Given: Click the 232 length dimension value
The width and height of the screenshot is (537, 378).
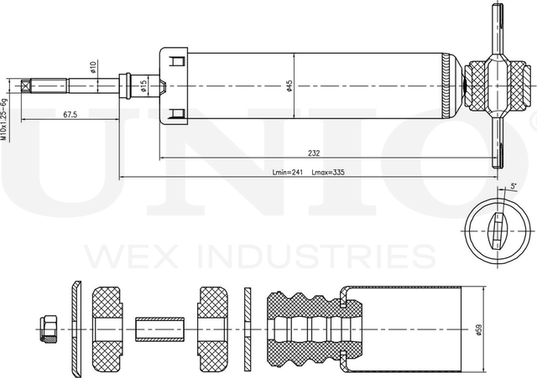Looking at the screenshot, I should [314, 153].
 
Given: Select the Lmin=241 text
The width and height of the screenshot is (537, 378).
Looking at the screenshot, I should [288, 173].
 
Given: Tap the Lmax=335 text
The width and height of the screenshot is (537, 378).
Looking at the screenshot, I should [328, 173].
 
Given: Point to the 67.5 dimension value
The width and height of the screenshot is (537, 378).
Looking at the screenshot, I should [70, 115].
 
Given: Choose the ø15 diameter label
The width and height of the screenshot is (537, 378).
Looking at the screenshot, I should [143, 85].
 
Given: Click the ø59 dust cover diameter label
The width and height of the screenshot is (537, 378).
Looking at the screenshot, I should [480, 327].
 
